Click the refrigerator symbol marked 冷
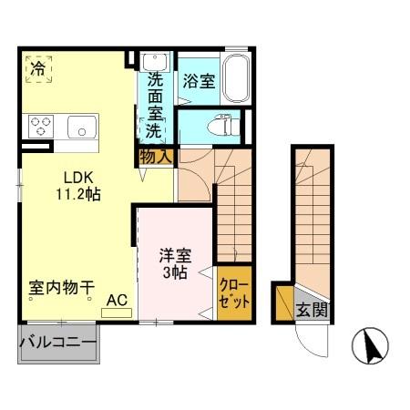coord(37,68)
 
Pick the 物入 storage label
coord(156,156)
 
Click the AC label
coord(117,299)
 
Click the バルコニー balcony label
coord(58,343)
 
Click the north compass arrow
coord(371,347)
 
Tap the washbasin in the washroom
coord(152,62)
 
